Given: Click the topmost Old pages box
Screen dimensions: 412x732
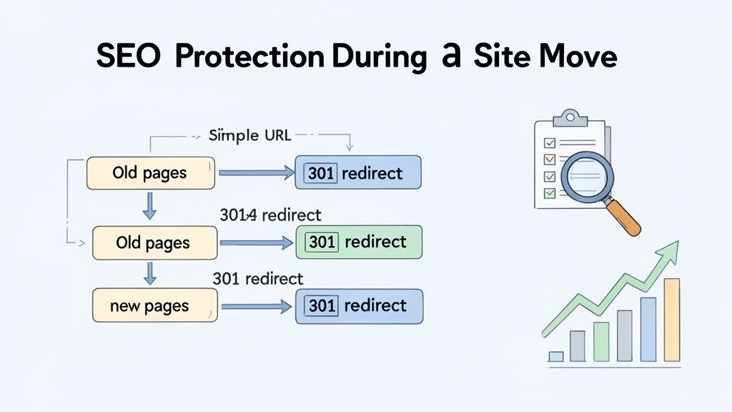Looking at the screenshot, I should (150, 173).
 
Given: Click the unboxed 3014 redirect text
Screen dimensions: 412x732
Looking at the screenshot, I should (271, 215).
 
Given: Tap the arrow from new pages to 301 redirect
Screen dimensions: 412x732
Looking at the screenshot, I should (256, 306).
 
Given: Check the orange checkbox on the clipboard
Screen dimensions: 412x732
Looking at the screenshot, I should (549, 159).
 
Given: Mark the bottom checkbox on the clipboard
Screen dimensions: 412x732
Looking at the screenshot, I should (549, 193).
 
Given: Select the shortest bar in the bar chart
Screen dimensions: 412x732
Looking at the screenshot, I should (556, 355).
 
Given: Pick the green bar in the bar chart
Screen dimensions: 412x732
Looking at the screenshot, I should (601, 341).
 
